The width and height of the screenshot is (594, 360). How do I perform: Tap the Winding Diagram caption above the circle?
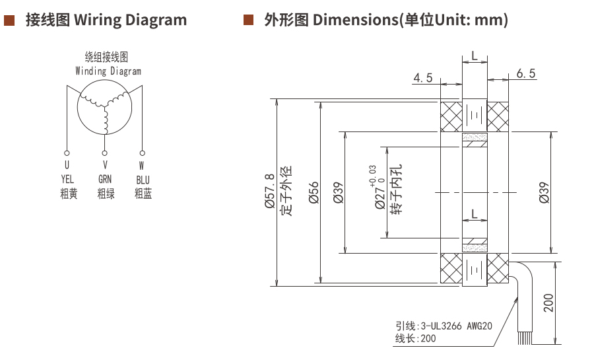[108, 71]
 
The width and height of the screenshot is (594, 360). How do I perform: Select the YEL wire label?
[68, 179]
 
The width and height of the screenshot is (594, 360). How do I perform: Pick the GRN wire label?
[106, 179]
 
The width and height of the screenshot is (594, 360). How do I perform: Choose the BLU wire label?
[143, 179]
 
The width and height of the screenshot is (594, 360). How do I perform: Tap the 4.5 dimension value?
[422, 78]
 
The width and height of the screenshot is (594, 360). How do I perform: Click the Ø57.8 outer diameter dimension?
[270, 192]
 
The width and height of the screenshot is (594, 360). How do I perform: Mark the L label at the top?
[474, 57]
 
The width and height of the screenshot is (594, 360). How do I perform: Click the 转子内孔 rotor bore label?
[396, 192]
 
